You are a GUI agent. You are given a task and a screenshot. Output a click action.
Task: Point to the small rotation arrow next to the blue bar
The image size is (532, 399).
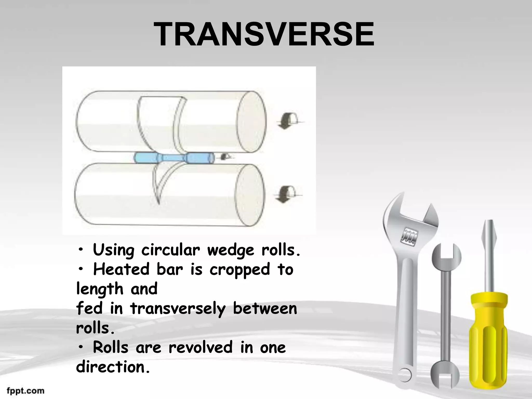coord(225,156)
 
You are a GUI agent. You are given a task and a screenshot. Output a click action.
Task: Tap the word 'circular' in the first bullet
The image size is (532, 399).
coord(170,251)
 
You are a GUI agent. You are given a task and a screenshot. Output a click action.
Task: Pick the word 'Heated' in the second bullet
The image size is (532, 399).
coord(121,269)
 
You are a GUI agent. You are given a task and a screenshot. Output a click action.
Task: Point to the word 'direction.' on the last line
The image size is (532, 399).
coord(113,367)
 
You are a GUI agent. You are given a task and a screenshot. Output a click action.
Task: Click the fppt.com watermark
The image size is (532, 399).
coord(25,391)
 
